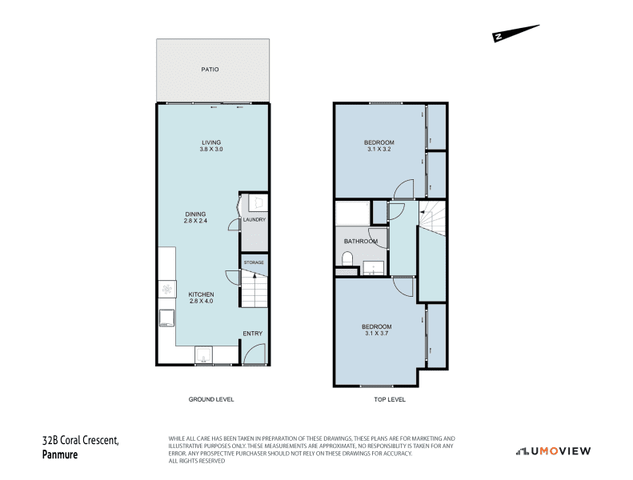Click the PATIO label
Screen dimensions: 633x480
(x=210, y=70)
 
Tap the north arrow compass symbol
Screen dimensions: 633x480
(x=515, y=33)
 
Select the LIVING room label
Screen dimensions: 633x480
(x=211, y=142)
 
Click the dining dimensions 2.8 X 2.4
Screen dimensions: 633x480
(x=195, y=221)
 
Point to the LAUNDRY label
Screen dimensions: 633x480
(x=254, y=220)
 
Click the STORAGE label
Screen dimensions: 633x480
(x=254, y=262)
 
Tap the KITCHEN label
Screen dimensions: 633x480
(x=201, y=294)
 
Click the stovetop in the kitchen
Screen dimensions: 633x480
(x=166, y=289)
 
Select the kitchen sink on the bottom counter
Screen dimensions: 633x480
(x=203, y=354)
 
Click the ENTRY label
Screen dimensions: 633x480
(x=253, y=334)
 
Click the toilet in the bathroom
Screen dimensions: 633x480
(x=347, y=258)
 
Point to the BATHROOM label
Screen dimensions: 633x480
(x=361, y=242)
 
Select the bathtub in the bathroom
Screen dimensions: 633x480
(x=353, y=214)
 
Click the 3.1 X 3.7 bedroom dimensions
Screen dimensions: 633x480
(x=377, y=334)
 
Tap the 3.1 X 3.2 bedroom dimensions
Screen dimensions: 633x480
(x=379, y=149)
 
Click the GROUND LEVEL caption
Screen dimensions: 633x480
(x=211, y=399)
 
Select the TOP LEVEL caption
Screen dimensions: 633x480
(x=390, y=399)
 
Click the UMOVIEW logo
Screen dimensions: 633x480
(x=553, y=451)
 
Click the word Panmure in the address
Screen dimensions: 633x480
(x=60, y=454)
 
